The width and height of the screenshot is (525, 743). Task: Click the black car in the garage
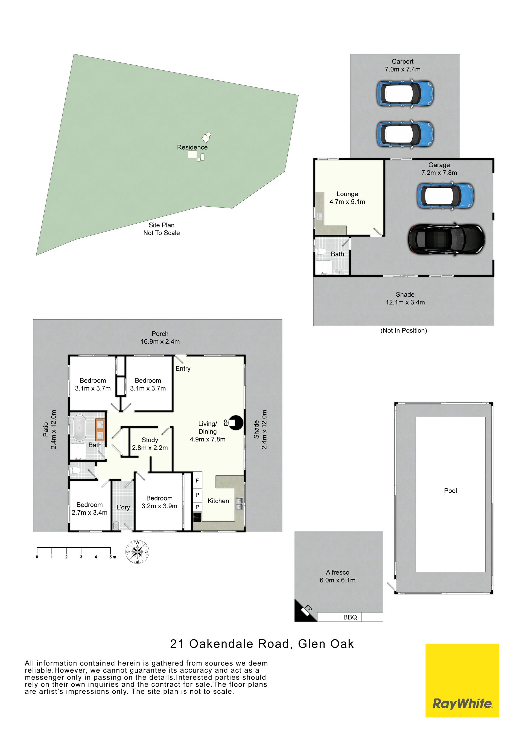447,239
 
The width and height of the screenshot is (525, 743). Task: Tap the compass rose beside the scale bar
137,551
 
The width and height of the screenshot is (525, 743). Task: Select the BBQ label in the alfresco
350,617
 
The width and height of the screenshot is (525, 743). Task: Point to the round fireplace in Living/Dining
236,422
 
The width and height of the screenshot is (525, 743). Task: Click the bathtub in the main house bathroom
80,429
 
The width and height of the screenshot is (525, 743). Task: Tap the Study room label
150,440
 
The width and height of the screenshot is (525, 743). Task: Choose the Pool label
450,491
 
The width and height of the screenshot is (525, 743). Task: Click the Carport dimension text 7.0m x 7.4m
402,69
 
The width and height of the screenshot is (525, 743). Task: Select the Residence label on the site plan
192,147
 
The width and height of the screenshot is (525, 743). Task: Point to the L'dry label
123,507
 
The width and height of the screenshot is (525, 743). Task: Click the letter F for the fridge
197,481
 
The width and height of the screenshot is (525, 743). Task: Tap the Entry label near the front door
183,369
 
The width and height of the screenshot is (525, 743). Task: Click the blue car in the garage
445,196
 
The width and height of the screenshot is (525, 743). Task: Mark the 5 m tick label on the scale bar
112,557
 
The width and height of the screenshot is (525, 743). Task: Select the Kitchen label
218,501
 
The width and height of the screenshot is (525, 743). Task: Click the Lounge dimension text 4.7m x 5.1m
347,202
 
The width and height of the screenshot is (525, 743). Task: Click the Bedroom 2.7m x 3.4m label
89,509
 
